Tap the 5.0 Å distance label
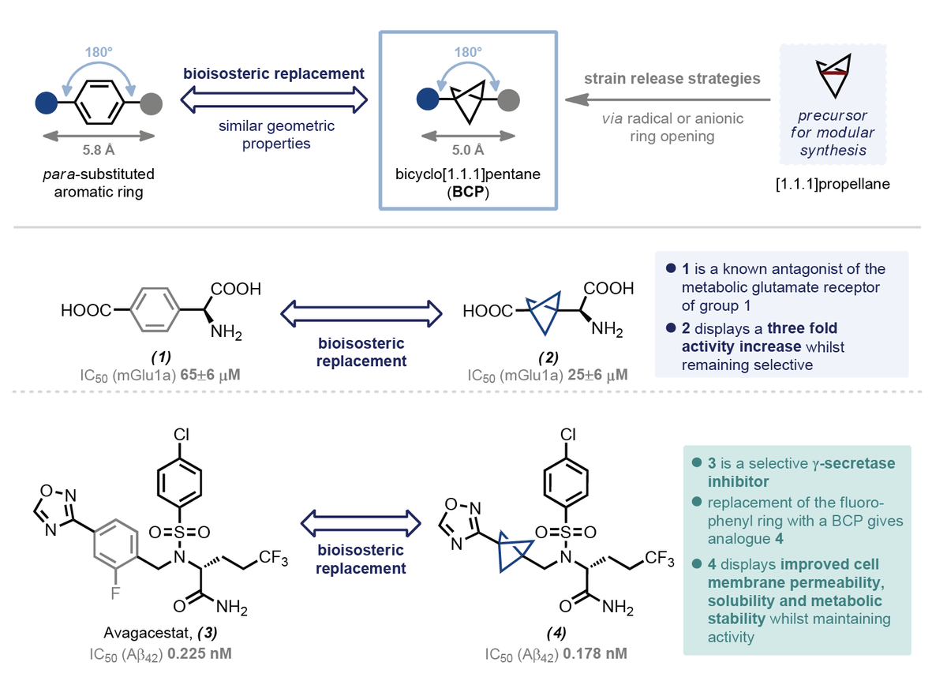pyautogui.click(x=468, y=150)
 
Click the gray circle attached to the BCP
pyautogui.click(x=509, y=100)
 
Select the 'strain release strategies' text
pyautogui.click(x=672, y=79)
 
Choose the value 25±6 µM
pyautogui.click(x=600, y=372)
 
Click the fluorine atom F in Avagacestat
pyautogui.click(x=116, y=593)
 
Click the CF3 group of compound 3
pyautogui.click(x=271, y=559)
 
